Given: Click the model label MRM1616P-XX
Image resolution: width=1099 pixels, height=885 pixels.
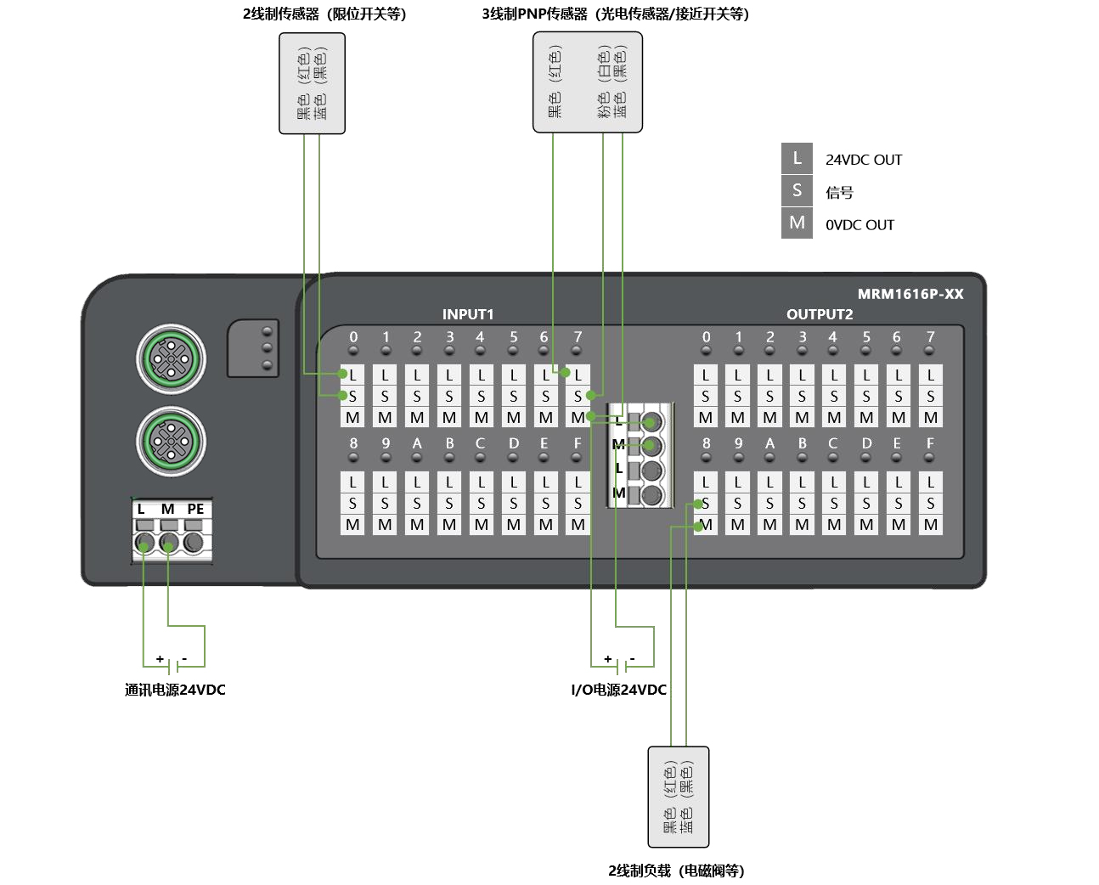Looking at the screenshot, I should (910, 294).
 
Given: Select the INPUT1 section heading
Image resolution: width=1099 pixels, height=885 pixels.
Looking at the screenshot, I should (467, 314).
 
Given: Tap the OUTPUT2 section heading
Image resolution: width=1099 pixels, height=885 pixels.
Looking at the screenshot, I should (819, 314).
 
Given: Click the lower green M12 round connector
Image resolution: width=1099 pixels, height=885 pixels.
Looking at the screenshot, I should (171, 441).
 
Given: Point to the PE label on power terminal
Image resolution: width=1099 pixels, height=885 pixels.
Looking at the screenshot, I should (195, 509).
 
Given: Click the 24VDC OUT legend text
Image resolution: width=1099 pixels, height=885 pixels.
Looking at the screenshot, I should (863, 160).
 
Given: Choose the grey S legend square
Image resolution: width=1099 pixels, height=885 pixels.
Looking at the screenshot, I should (797, 190).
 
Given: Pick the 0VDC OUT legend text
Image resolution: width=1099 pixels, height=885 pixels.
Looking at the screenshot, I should (859, 225).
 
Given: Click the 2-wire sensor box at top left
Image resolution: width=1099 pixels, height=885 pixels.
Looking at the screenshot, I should (312, 83).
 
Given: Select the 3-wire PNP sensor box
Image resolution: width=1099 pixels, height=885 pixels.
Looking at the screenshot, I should (587, 82).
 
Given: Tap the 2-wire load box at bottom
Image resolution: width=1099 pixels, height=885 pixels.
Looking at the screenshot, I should (678, 797).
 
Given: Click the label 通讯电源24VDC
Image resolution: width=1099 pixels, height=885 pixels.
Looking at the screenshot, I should (175, 690).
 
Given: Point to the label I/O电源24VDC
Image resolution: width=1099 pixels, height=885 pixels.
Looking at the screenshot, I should (618, 690).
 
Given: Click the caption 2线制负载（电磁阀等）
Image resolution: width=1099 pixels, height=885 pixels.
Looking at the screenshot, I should (676, 871).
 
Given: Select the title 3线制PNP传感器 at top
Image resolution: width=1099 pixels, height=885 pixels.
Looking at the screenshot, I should (615, 14).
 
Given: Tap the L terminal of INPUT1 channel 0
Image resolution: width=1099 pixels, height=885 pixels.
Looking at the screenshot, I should (352, 375).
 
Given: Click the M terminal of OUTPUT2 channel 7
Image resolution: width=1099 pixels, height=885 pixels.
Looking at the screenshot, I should (930, 418).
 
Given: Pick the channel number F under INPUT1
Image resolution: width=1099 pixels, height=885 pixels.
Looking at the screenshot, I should (578, 443).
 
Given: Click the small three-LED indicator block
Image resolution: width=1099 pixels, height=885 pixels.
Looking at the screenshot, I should (253, 348).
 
